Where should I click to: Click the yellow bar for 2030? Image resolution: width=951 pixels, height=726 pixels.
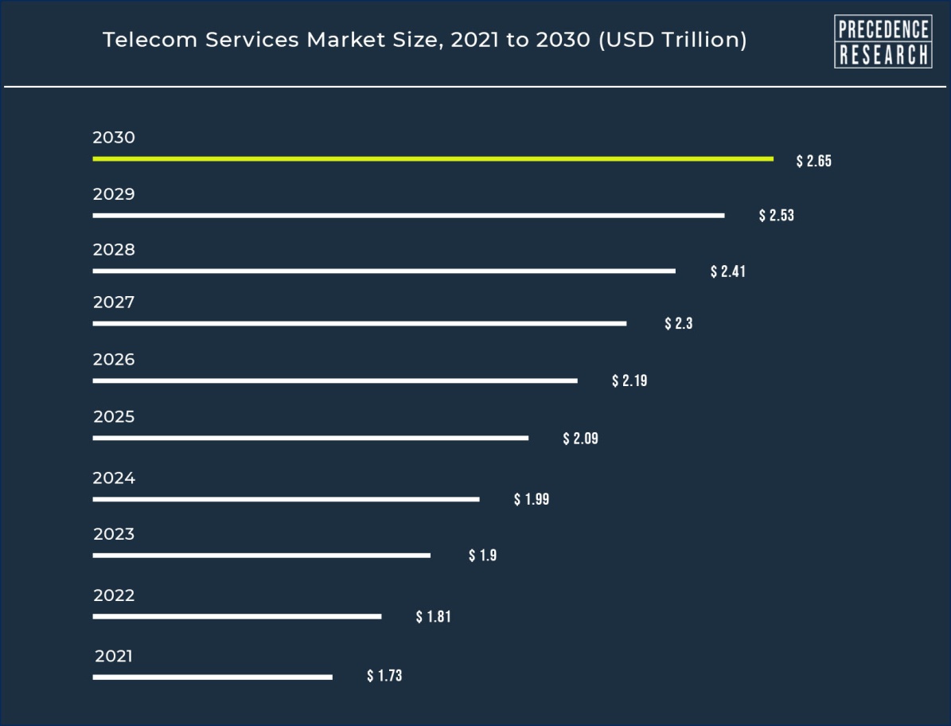tap(432, 159)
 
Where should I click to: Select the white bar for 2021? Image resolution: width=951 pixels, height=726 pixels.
tap(212, 677)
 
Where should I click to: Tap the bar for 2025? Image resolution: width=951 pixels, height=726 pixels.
tap(310, 438)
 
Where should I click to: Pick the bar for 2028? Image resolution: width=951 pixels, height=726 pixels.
tap(384, 271)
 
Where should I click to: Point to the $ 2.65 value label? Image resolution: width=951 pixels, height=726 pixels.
tap(813, 161)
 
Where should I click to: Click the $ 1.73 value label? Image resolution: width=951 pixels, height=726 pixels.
tap(384, 676)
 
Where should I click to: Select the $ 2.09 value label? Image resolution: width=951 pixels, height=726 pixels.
tap(580, 438)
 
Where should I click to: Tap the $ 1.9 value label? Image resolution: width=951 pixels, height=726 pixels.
tap(482, 556)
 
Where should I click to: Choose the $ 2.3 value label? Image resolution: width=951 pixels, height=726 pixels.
tap(679, 324)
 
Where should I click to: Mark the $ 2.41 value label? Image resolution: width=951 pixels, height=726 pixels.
tap(727, 271)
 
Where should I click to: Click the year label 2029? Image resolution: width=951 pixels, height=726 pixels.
tap(114, 194)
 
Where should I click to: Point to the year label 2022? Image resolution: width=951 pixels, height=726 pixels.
tap(114, 595)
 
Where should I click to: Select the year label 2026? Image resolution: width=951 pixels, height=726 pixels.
tap(114, 360)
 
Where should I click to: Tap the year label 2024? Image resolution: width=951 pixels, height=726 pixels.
tap(114, 478)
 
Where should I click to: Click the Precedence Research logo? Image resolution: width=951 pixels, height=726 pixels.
tap(883, 41)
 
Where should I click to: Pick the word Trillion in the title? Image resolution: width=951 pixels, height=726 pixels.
tap(700, 40)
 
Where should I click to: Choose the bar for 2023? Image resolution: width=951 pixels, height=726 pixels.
tap(261, 556)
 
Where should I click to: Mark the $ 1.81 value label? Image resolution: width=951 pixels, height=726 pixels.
tap(433, 616)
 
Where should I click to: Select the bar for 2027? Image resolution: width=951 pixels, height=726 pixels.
tap(359, 324)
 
